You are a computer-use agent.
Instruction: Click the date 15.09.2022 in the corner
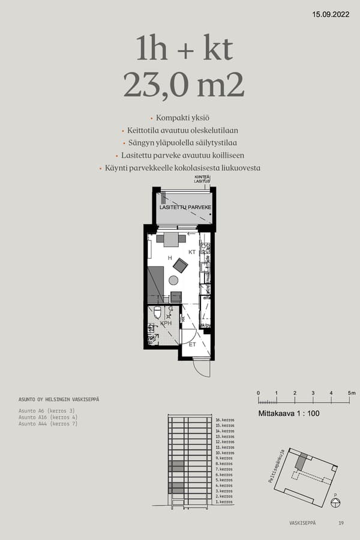[331, 13]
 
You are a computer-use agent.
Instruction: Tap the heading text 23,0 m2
[184, 85]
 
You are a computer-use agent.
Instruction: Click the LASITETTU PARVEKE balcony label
[185, 208]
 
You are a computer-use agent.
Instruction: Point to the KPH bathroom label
[166, 323]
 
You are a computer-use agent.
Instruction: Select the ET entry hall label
[193, 345]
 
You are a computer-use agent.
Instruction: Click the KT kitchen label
[192, 253]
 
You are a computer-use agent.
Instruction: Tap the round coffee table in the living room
[173, 280]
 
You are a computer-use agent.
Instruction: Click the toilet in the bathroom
[157, 311]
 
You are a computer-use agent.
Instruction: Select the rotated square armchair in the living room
[180, 265]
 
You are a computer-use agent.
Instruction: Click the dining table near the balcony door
[171, 239]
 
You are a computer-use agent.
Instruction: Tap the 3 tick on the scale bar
[313, 393]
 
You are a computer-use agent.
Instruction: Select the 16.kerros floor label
[224, 420]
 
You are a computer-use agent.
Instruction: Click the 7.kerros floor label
[224, 469]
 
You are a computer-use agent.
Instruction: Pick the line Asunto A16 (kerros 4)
[48, 417]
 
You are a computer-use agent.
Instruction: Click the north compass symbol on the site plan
[335, 502]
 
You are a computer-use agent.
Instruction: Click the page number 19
[341, 523]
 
